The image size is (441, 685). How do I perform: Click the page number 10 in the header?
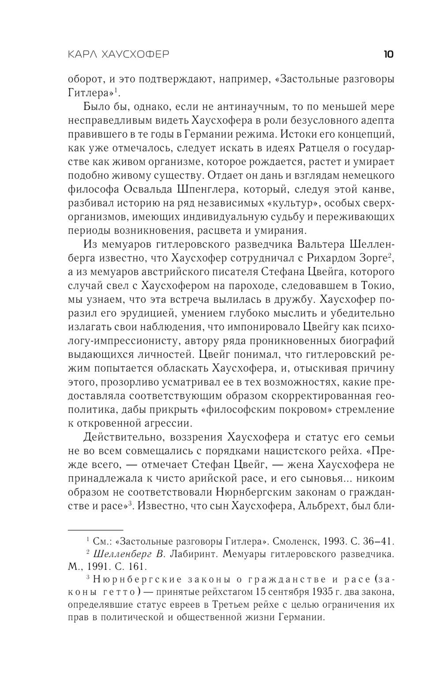[x=388, y=55]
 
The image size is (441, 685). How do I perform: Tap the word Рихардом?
[x=326, y=258]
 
